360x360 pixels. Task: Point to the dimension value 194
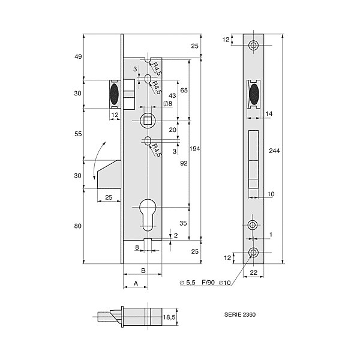tap(193, 148)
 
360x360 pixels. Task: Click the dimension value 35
tap(182, 223)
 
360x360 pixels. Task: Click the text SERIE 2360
tap(239, 314)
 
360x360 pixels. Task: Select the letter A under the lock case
tap(135, 283)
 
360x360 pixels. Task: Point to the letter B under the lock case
tap(143, 271)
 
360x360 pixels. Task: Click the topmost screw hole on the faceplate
tap(254, 46)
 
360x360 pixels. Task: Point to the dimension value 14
tap(269, 113)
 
